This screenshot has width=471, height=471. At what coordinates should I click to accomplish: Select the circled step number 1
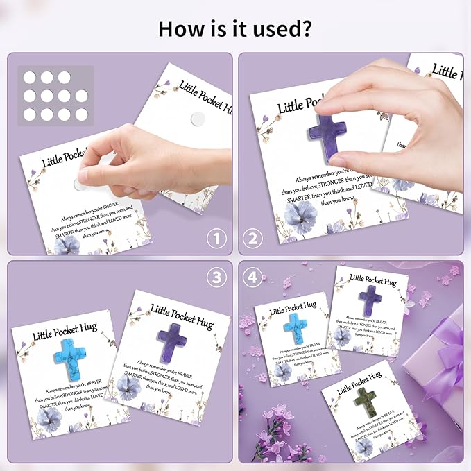pyautogui.click(x=217, y=239)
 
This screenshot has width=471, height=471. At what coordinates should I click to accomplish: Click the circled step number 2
pyautogui.click(x=252, y=239)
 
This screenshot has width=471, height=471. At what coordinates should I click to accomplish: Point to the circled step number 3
pyautogui.click(x=217, y=277)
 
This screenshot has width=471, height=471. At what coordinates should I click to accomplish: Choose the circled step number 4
pyautogui.click(x=252, y=277)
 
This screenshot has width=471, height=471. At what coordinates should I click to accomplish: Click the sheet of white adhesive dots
pyautogui.click(x=54, y=95)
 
